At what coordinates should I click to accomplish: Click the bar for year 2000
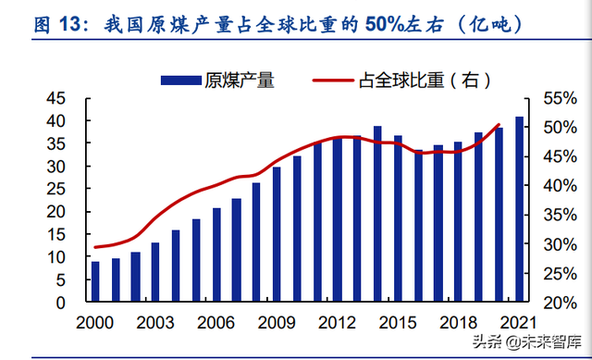click(94, 281)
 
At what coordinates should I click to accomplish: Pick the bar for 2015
click(398, 218)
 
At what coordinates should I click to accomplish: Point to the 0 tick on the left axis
click(59, 303)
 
